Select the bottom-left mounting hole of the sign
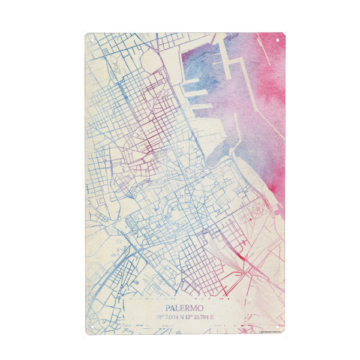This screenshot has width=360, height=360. [92, 327]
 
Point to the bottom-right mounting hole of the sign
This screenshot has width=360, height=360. [277, 327]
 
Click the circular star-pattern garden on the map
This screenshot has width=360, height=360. [259, 209]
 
